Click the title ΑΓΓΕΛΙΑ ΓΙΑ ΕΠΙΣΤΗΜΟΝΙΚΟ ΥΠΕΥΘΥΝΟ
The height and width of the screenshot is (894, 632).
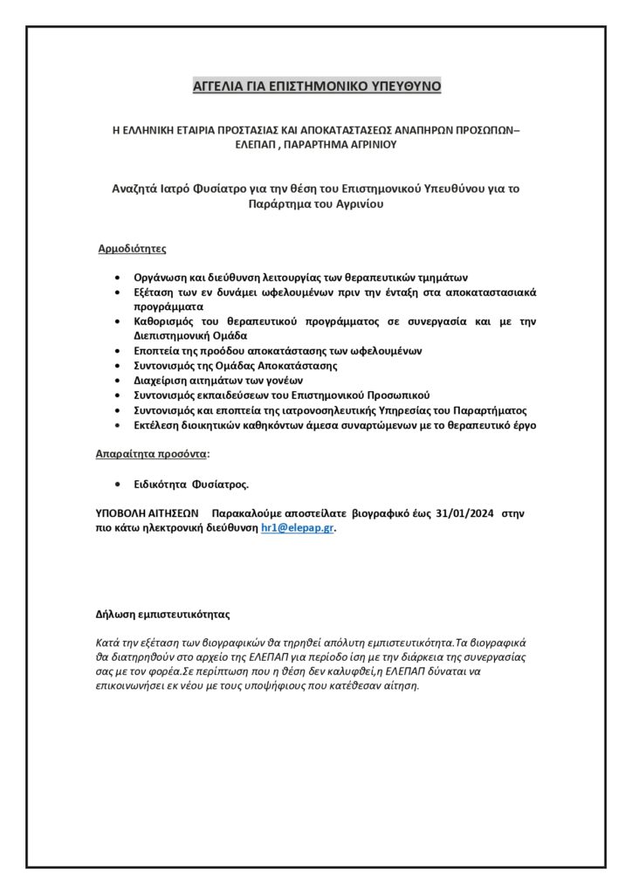[316, 86]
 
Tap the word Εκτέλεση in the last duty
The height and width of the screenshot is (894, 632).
[159, 425]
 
